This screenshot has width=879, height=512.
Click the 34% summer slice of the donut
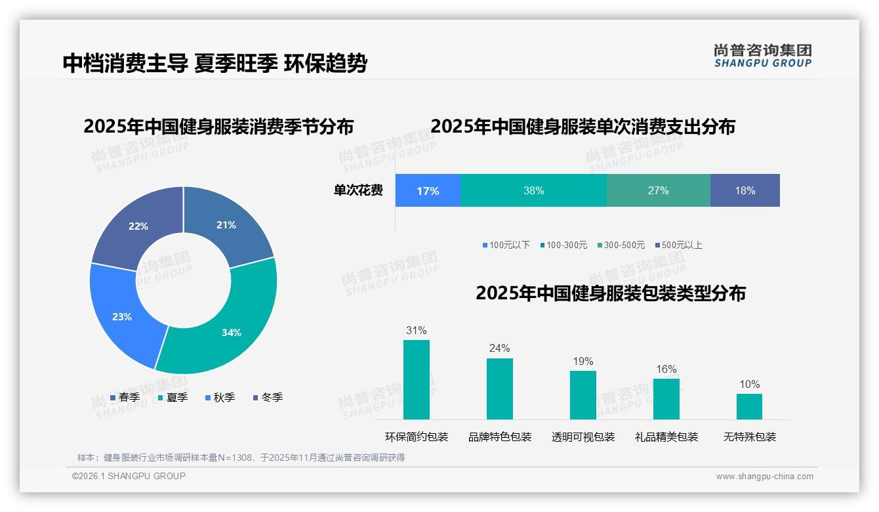tap(230, 331)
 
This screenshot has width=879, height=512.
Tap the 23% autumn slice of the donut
tap(123, 316)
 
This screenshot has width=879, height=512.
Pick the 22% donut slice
tap(138, 226)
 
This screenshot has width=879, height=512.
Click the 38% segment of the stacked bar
tap(533, 191)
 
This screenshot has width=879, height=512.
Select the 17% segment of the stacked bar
tap(428, 191)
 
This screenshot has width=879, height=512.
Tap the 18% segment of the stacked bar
tap(745, 191)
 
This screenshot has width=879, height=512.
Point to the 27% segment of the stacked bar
tap(658, 191)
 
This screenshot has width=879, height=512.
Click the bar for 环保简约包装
tap(416, 379)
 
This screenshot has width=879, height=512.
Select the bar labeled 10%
tap(749, 406)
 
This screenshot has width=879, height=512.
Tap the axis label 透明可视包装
tap(583, 437)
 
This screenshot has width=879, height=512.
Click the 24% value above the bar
tap(499, 349)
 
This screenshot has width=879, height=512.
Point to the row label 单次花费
tap(358, 191)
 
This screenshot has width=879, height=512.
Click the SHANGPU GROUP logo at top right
tap(762, 56)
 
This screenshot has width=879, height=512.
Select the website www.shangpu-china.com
tap(764, 477)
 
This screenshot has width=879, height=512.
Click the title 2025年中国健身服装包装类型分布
tap(610, 293)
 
